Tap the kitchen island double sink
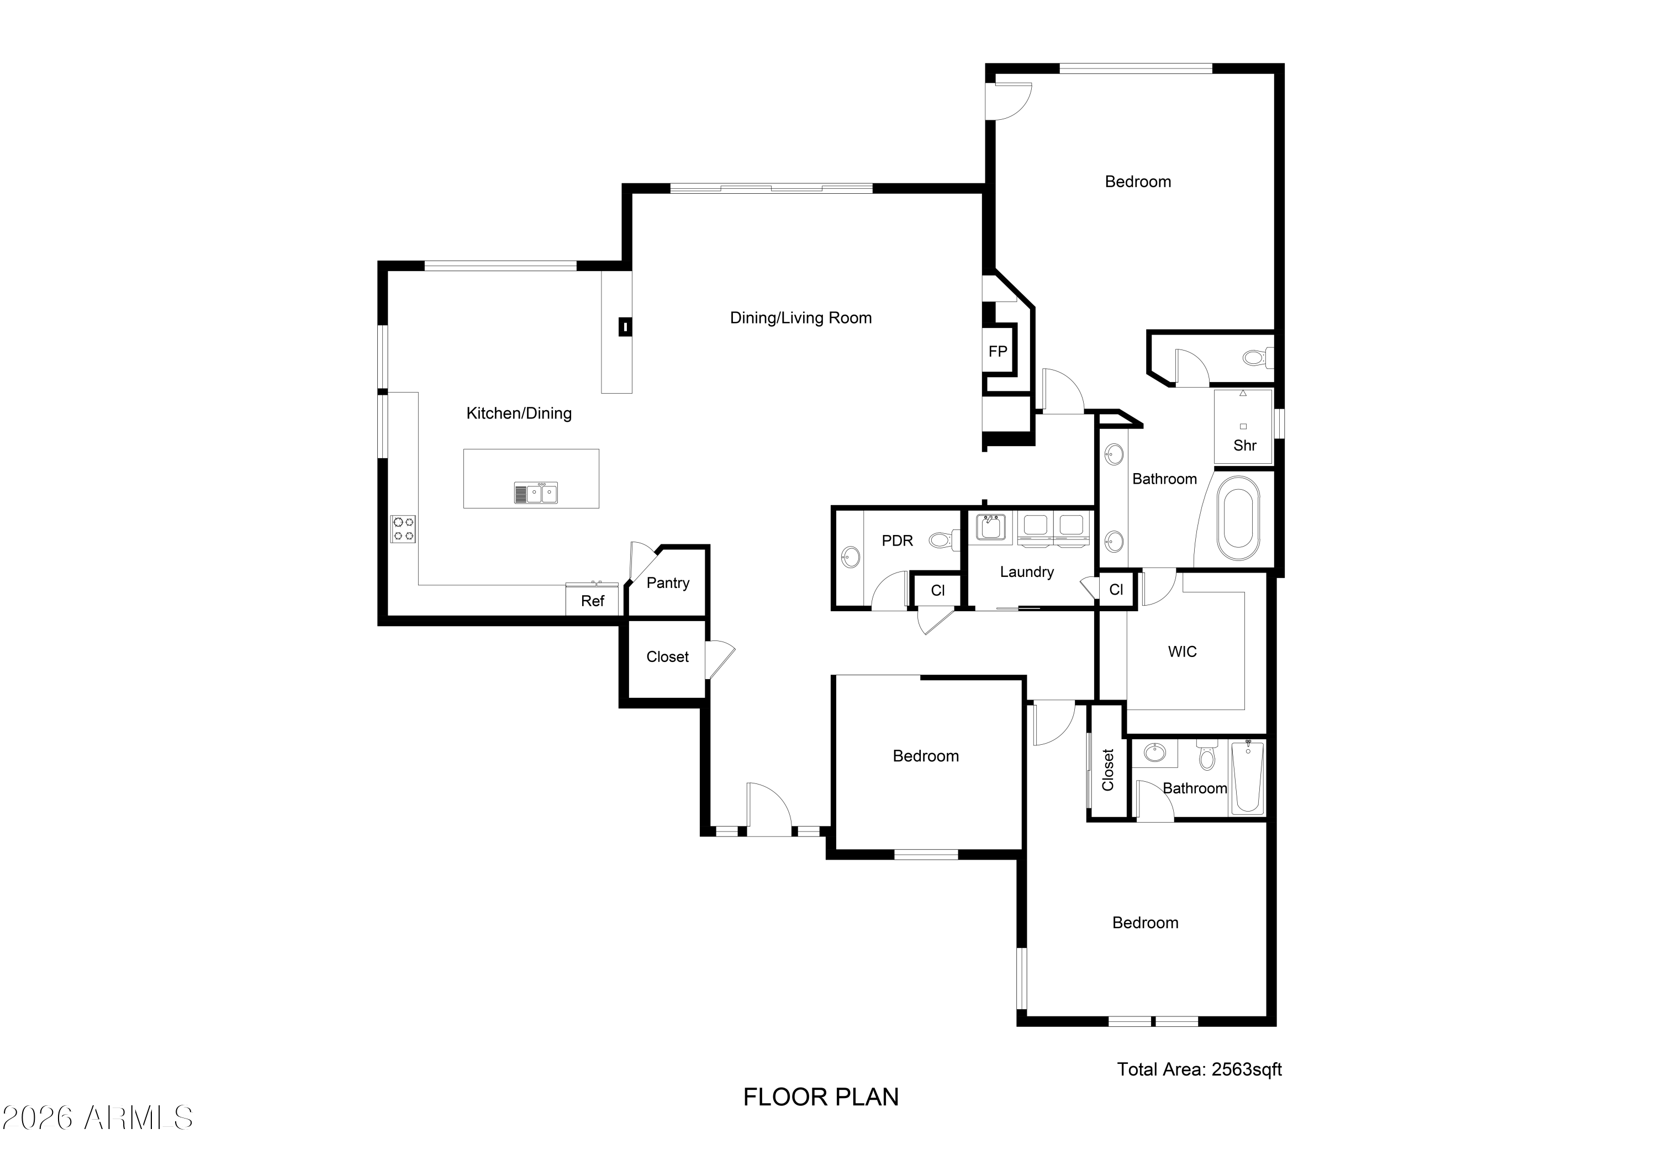[536, 493]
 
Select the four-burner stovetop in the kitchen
[403, 529]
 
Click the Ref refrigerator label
[593, 601]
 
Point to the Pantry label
[668, 583]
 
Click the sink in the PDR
[851, 558]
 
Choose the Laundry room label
[1027, 572]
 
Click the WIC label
[1182, 651]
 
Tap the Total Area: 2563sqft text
[1200, 1069]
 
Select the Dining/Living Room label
[801, 318]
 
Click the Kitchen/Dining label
[519, 414]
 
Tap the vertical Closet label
[1109, 770]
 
